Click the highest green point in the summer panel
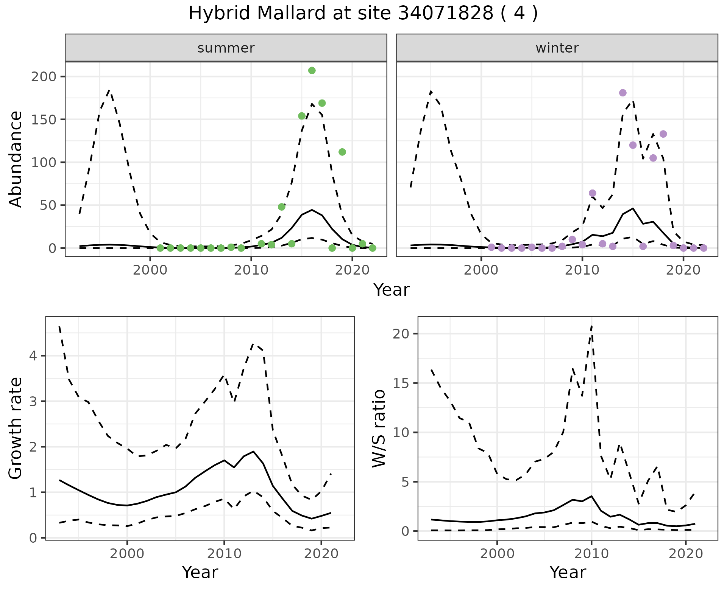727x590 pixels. tap(312, 70)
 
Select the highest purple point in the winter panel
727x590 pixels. tap(623, 93)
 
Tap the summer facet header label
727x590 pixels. tap(226, 48)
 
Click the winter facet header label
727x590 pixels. tap(557, 48)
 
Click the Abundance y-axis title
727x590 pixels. tap(16, 159)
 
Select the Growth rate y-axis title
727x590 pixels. tap(16, 429)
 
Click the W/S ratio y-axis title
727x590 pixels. tap(379, 429)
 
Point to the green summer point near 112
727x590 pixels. tap(342, 152)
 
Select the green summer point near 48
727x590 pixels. tap(282, 207)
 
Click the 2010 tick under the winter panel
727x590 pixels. tap(582, 270)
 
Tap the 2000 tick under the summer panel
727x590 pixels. tap(150, 270)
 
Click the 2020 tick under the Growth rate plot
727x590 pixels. tap(321, 554)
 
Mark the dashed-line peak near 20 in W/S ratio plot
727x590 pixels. tap(591, 326)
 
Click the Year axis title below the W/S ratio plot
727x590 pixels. tap(568, 573)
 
